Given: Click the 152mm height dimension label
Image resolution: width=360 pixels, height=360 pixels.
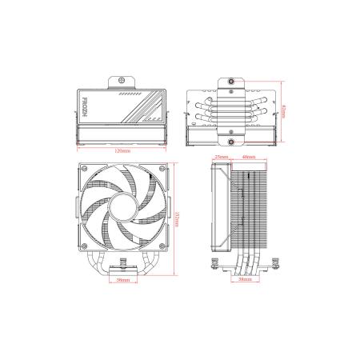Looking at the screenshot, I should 176,218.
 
